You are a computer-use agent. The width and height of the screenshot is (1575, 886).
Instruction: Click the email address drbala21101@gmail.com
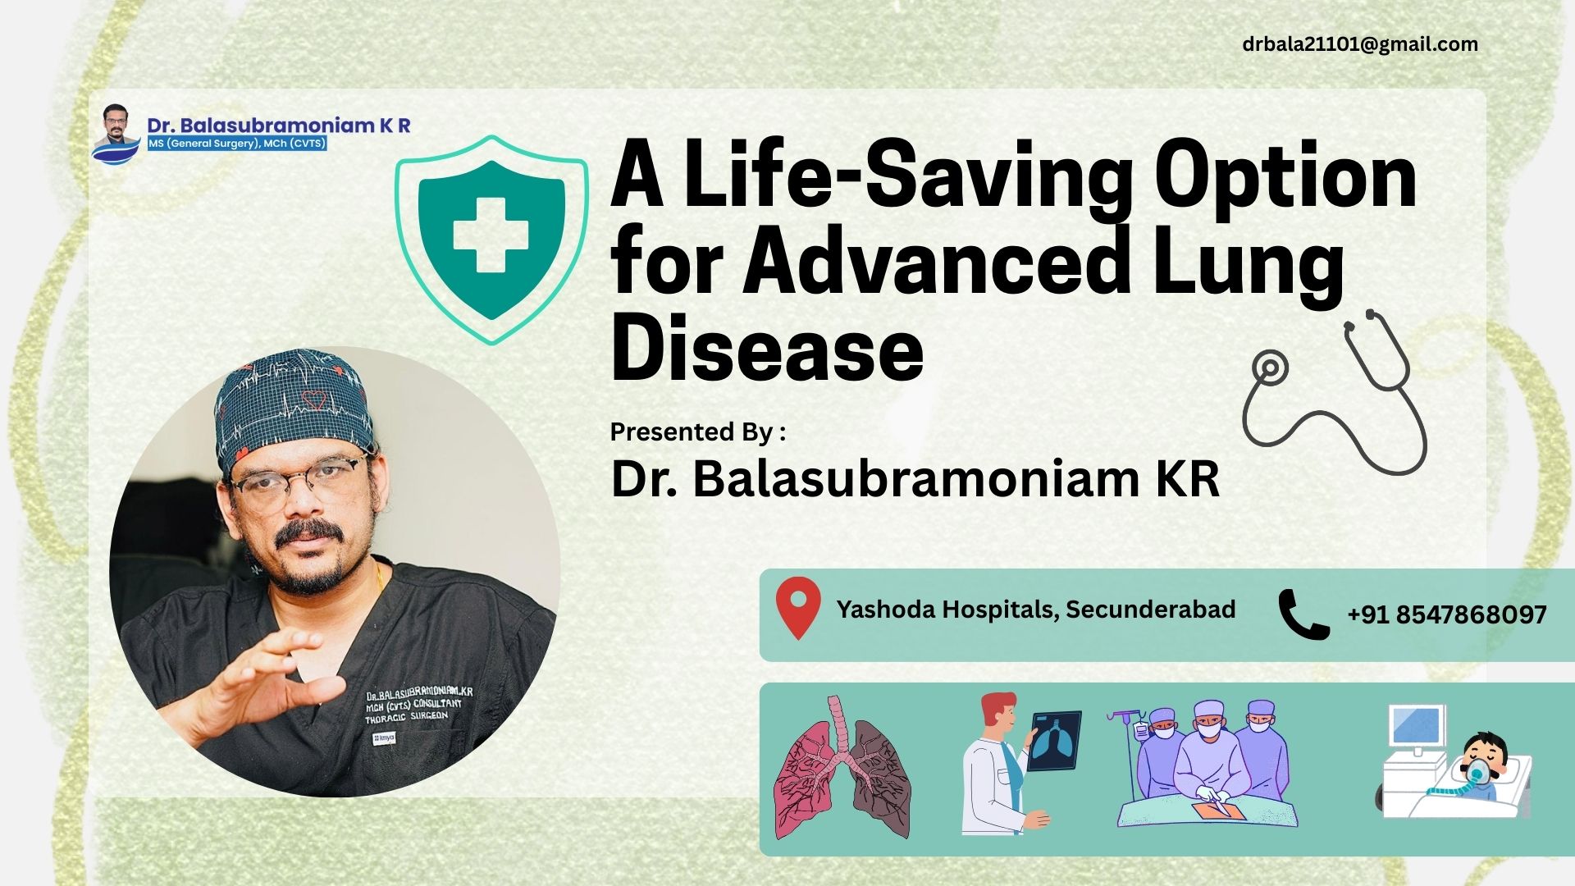click(x=1360, y=44)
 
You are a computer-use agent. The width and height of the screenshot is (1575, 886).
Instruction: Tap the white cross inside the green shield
click(x=491, y=235)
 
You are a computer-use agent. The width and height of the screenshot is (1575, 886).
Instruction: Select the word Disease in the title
click(x=767, y=350)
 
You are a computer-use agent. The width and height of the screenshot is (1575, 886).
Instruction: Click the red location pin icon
click(x=798, y=608)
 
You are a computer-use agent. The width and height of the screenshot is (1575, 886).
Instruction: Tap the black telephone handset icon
click(x=1304, y=614)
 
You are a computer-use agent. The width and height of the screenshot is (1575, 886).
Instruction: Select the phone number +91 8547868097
click(x=1447, y=614)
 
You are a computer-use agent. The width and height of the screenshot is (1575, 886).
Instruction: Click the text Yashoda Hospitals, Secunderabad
click(x=1036, y=610)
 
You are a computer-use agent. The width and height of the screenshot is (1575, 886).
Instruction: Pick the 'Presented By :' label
click(x=698, y=432)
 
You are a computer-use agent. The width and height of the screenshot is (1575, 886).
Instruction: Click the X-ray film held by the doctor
click(x=1054, y=740)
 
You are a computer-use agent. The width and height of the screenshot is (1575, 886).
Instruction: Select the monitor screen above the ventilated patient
click(x=1416, y=725)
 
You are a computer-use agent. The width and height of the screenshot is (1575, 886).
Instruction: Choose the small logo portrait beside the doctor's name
click(x=116, y=134)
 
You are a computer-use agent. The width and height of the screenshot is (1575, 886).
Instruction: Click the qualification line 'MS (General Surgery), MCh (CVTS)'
click(x=237, y=144)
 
